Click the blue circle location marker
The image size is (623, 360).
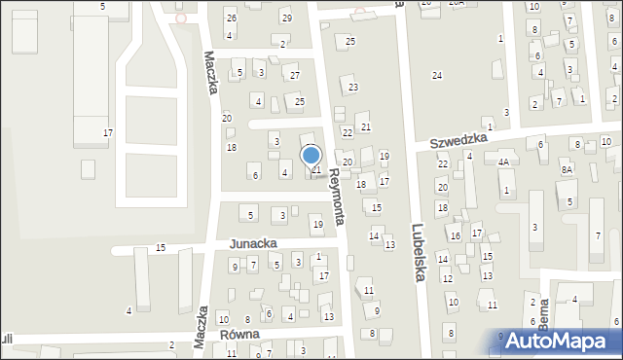point(311,154)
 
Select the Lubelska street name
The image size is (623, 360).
point(416,248)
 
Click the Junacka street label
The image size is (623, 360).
point(253,243)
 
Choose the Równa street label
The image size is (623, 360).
point(239,334)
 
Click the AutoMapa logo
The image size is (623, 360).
point(561,341)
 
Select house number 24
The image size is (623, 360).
point(437,76)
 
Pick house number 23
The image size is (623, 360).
point(353,88)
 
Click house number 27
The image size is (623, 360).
point(294,75)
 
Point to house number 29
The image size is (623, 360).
point(285,18)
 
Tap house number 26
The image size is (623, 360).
point(231,18)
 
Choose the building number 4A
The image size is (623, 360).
point(503,162)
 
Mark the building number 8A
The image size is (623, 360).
point(566,169)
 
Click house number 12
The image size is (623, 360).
point(448,278)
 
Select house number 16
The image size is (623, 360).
point(455,236)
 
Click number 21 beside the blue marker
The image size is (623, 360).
point(316,169)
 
